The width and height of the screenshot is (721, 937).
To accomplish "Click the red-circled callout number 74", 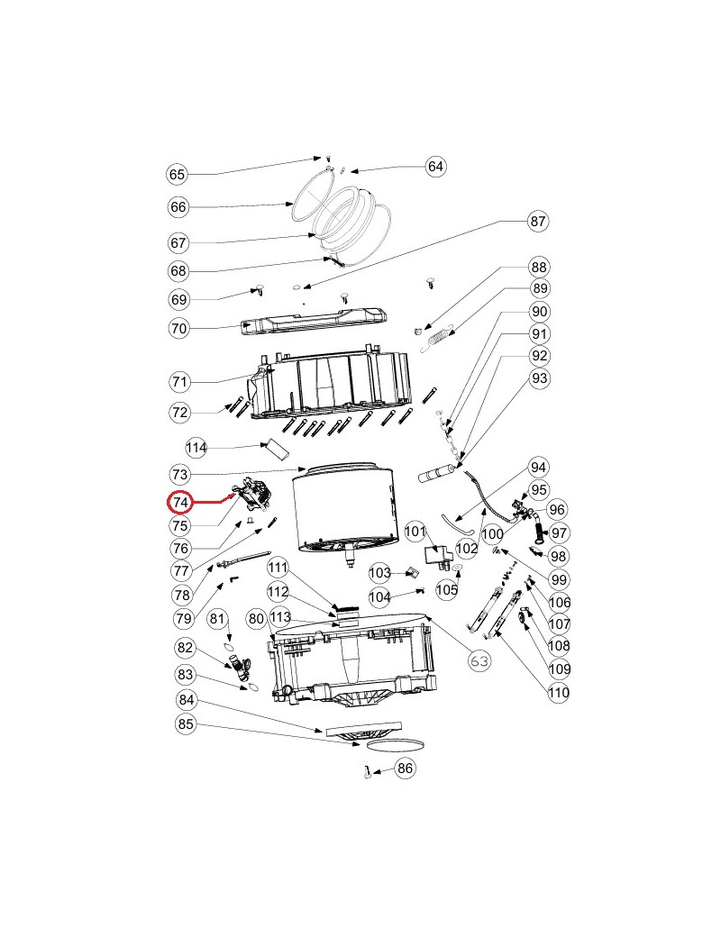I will pyautogui.click(x=181, y=502).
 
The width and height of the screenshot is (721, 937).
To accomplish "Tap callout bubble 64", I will pyautogui.click(x=436, y=166).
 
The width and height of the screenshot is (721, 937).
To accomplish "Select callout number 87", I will pyautogui.click(x=538, y=221).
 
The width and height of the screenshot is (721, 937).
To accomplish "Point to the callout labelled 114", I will pyautogui.click(x=197, y=448).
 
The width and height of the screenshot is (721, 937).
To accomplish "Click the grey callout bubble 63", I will pyautogui.click(x=480, y=660).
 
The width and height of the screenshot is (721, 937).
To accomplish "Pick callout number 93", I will pyautogui.click(x=540, y=379).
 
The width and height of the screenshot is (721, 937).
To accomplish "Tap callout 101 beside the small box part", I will pyautogui.click(x=415, y=532).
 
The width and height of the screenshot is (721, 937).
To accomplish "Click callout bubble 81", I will pyautogui.click(x=218, y=618).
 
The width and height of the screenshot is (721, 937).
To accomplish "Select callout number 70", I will pyautogui.click(x=178, y=329).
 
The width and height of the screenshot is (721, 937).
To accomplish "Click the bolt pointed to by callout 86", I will pyautogui.click(x=368, y=772).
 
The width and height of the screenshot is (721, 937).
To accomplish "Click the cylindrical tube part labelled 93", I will pyautogui.click(x=438, y=471).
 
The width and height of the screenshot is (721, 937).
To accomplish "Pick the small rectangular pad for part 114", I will pyautogui.click(x=275, y=449).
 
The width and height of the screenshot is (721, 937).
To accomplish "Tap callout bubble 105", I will pyautogui.click(x=447, y=588).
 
